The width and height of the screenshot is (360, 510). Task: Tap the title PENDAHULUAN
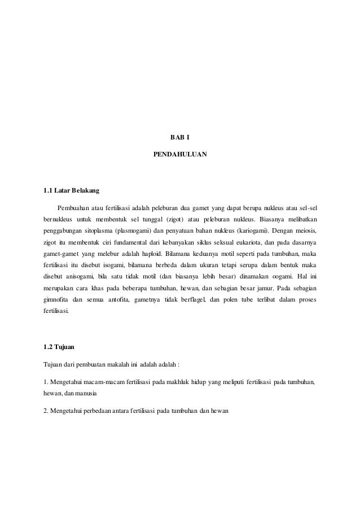tap(180, 153)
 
